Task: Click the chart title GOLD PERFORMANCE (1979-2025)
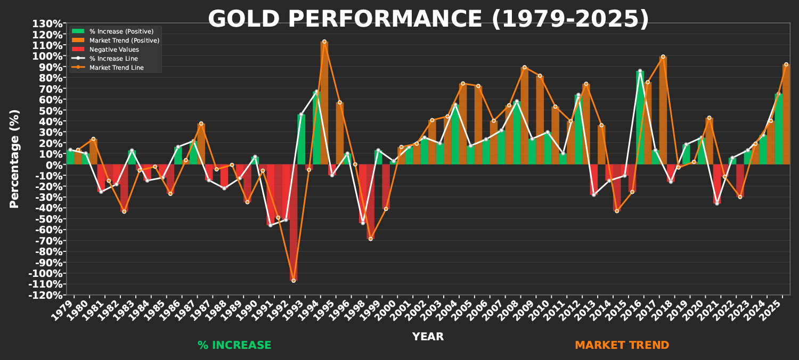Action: tap(428, 19)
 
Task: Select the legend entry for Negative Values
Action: tap(114, 50)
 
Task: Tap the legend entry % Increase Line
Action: tap(113, 59)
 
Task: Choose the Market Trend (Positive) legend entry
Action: tap(124, 40)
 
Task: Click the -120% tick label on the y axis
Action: tap(45, 295)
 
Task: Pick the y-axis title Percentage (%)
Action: tap(14, 159)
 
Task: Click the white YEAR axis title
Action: tap(428, 337)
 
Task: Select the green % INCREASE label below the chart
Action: tap(234, 345)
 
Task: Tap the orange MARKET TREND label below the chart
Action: tap(622, 345)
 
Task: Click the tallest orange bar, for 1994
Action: tap(324, 101)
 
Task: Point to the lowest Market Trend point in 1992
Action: tap(293, 280)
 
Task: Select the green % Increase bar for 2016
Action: tap(640, 117)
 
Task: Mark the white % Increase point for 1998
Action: tap(363, 223)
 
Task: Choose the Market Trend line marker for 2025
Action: tap(786, 64)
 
